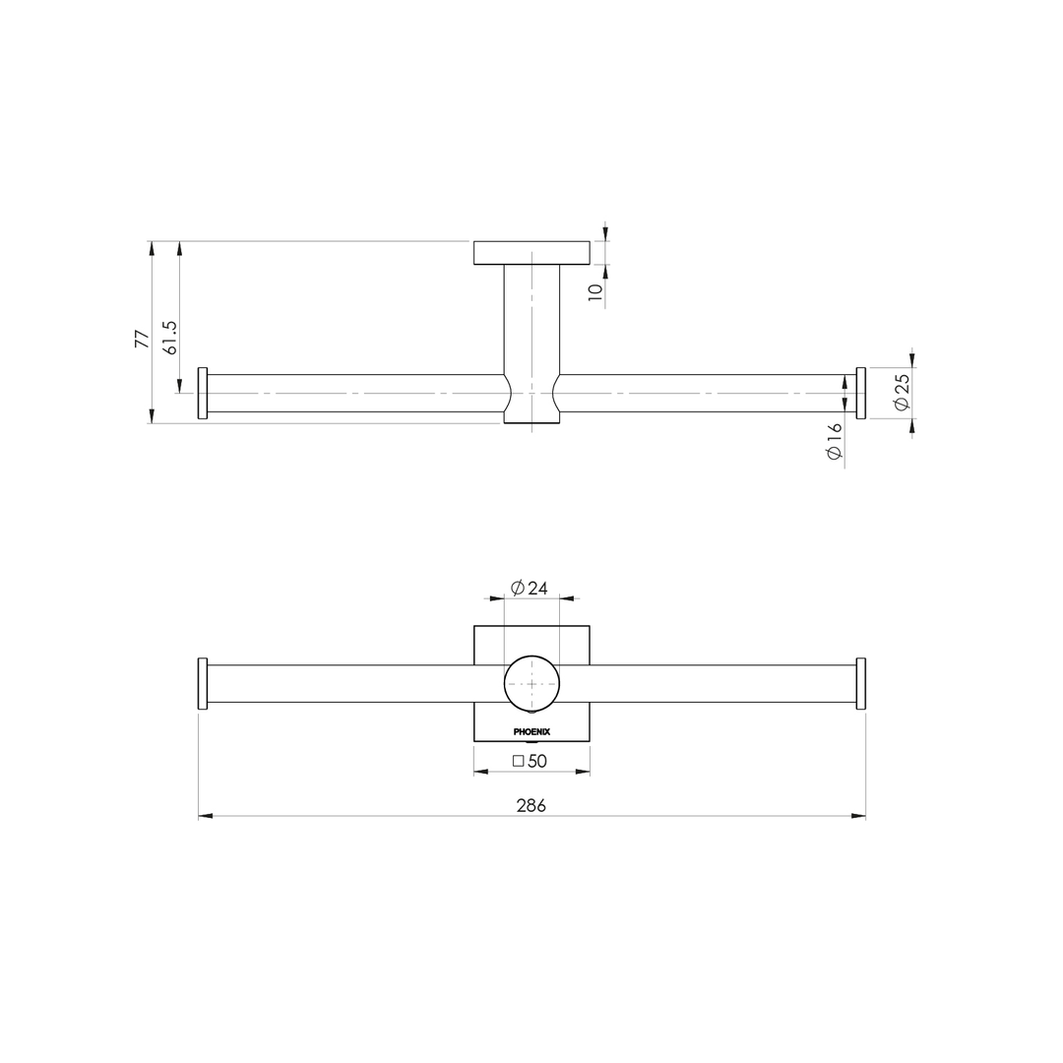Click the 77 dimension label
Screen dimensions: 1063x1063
(x=143, y=339)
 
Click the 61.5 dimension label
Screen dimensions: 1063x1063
(x=170, y=337)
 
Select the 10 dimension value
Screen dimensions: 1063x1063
(x=595, y=292)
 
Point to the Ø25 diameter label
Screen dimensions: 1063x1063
(x=902, y=392)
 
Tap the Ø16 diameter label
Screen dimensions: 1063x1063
(x=835, y=442)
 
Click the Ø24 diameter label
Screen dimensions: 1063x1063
(x=530, y=589)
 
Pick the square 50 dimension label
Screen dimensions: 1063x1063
(x=530, y=761)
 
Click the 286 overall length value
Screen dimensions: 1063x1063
(x=531, y=805)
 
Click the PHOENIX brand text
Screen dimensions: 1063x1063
(x=531, y=731)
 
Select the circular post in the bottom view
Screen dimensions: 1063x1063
(x=531, y=683)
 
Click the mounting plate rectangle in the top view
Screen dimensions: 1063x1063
(x=531, y=253)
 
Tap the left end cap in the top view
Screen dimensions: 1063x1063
(x=203, y=393)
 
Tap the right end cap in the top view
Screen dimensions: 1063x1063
(x=861, y=393)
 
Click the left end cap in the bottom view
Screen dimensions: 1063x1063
(x=203, y=683)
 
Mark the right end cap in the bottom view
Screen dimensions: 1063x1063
(x=861, y=683)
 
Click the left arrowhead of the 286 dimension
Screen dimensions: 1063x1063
(x=206, y=816)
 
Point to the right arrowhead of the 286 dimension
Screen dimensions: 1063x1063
(x=858, y=816)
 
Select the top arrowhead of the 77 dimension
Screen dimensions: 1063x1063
(x=152, y=249)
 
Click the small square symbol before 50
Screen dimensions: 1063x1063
(x=519, y=761)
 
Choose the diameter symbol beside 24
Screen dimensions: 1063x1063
(x=518, y=589)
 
